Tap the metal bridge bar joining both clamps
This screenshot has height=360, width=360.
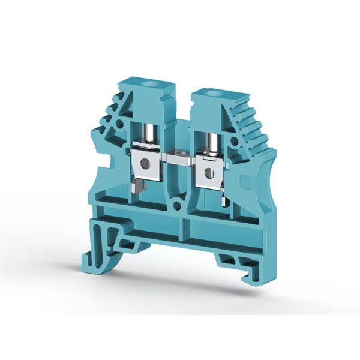point(179,161)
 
